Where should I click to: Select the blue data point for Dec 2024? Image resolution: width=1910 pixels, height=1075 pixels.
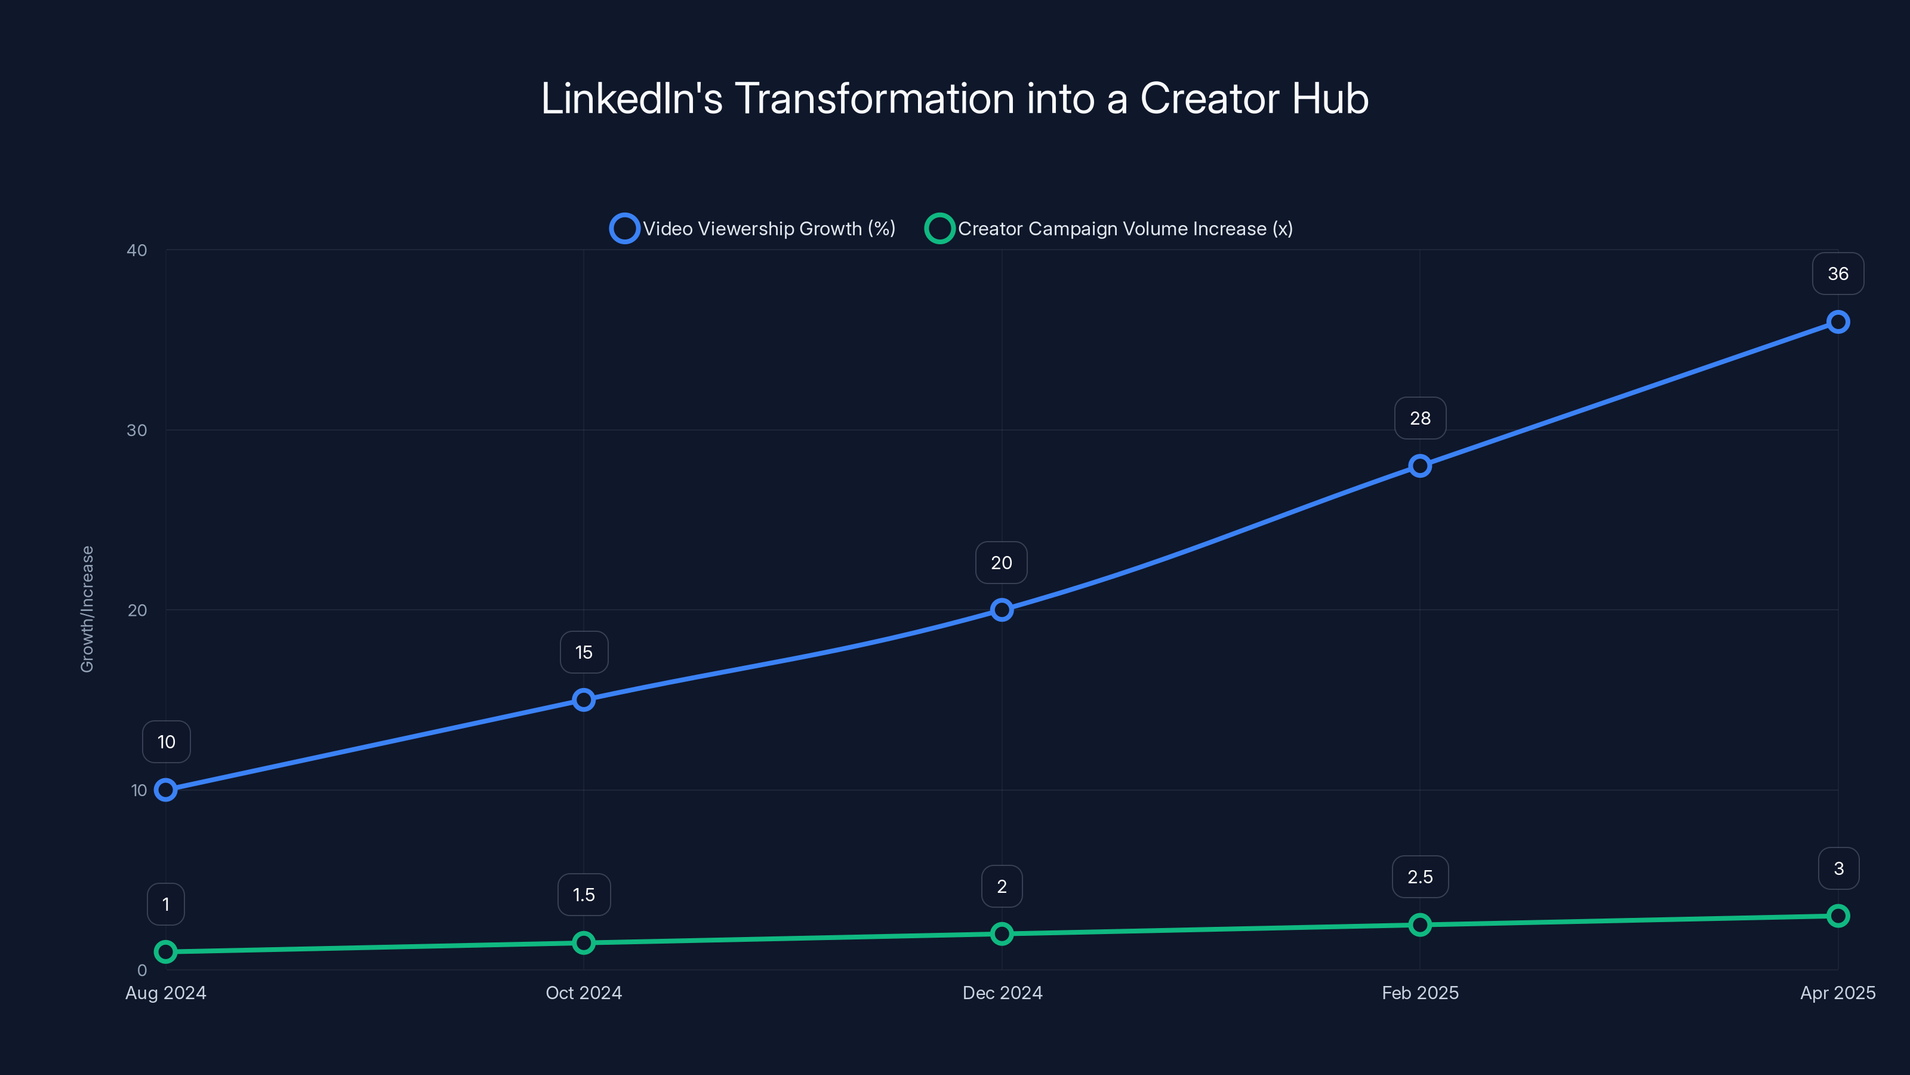point(1002,610)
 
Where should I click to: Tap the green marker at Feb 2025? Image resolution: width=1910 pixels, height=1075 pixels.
point(1420,924)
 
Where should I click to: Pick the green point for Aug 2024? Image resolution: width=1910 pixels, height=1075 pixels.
point(166,952)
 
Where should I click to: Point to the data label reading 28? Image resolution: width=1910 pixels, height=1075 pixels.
point(1420,419)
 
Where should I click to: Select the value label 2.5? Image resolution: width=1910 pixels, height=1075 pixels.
point(1420,877)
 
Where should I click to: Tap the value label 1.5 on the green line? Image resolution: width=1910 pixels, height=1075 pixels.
point(584,895)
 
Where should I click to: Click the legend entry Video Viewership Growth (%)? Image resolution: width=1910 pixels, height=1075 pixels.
point(753,229)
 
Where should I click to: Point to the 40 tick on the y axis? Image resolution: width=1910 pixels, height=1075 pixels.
point(137,250)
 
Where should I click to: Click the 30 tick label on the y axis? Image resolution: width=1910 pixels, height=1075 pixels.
point(137,430)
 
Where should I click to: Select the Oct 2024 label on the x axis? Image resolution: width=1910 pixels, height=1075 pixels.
point(584,993)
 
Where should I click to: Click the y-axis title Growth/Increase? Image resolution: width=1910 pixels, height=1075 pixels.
point(88,609)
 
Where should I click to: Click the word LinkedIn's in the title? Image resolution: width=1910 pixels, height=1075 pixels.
point(631,99)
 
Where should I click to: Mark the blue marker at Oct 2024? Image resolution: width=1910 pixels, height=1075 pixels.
point(584,699)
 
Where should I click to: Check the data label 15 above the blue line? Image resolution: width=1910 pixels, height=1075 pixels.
point(584,652)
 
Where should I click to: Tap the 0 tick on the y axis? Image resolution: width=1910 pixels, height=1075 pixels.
point(141,970)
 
